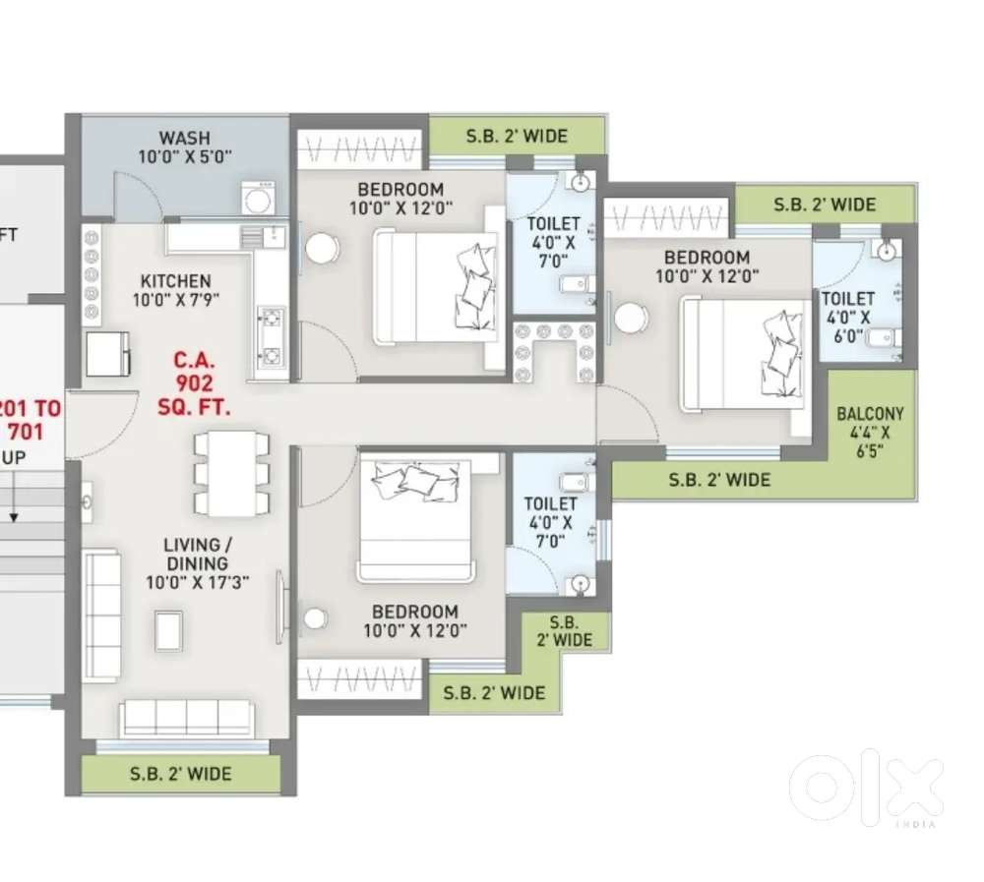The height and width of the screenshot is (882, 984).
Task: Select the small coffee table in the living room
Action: click(168, 630)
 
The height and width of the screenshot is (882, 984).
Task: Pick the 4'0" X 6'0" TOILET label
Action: click(847, 317)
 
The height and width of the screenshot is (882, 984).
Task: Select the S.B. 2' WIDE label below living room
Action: click(181, 774)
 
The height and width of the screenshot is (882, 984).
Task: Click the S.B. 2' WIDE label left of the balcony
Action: click(719, 480)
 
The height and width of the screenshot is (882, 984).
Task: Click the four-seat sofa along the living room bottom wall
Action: click(185, 718)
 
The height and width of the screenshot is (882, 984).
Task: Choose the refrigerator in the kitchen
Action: click(107, 354)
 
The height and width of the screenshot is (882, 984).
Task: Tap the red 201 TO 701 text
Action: click(31, 418)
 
